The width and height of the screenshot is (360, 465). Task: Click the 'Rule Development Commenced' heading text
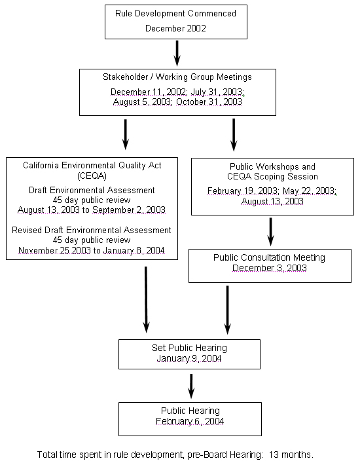pyautogui.click(x=175, y=14)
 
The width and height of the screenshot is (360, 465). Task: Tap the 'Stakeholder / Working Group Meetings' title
pyautogui.click(x=177, y=77)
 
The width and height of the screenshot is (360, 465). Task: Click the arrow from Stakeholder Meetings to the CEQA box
pyautogui.click(x=125, y=134)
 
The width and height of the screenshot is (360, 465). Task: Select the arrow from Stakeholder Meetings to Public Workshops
pyautogui.click(x=234, y=134)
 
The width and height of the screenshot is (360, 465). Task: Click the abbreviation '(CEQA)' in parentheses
pyautogui.click(x=92, y=176)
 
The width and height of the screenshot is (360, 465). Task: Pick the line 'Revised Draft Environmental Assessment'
pyautogui.click(x=92, y=230)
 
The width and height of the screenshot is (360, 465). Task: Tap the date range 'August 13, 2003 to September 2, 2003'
pyautogui.click(x=92, y=210)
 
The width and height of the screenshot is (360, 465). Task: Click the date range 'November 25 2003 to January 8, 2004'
pyautogui.click(x=92, y=250)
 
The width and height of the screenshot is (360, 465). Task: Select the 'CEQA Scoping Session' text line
pyautogui.click(x=272, y=176)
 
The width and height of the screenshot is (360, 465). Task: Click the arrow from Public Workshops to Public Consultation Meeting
pyautogui.click(x=271, y=231)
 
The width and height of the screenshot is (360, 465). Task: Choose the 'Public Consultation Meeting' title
pyautogui.click(x=269, y=257)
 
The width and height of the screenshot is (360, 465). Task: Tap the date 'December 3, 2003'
pyautogui.click(x=269, y=268)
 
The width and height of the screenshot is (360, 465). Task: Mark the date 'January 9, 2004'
pyautogui.click(x=189, y=359)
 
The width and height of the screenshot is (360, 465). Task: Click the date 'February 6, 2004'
pyautogui.click(x=190, y=421)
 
